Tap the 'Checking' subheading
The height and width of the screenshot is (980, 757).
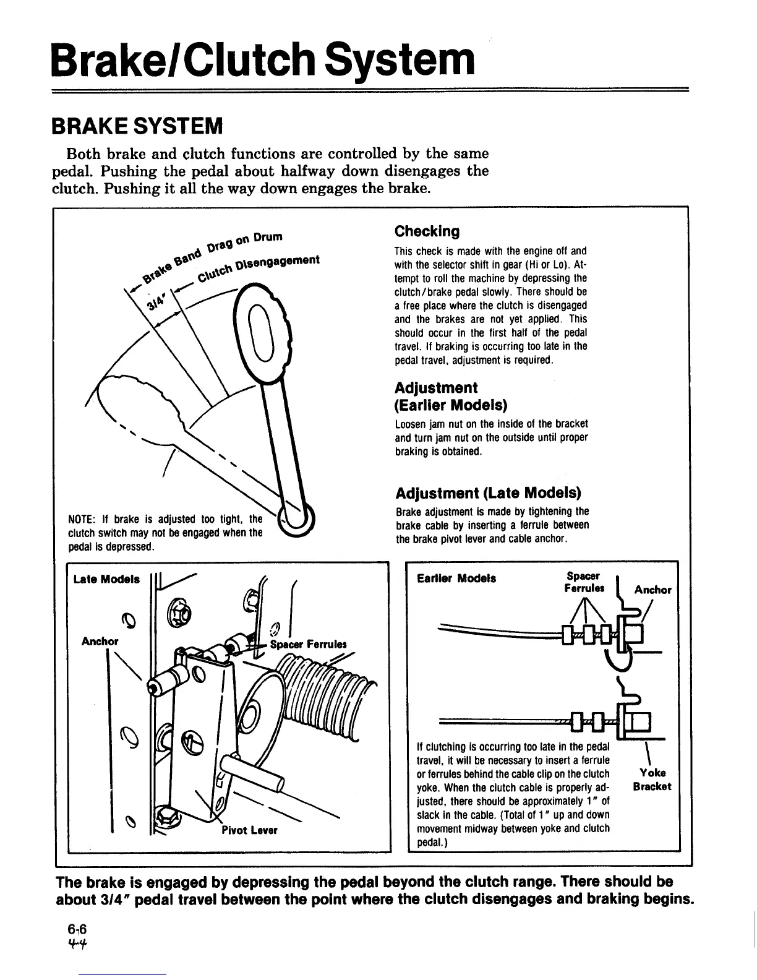pyautogui.click(x=427, y=231)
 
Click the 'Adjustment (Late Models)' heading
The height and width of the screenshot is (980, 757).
pyautogui.click(x=488, y=493)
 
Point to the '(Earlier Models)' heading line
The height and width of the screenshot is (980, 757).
pyautogui.click(x=450, y=406)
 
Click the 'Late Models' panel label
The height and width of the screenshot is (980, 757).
pyautogui.click(x=106, y=579)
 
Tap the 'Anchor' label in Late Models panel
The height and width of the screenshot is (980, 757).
pyautogui.click(x=100, y=641)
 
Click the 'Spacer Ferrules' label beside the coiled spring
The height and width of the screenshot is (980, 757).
pyautogui.click(x=309, y=644)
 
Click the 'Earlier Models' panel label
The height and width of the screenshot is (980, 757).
pyautogui.click(x=456, y=578)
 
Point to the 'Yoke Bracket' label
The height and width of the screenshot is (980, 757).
pyautogui.click(x=652, y=780)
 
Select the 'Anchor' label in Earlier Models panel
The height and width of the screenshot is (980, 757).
pyautogui.click(x=652, y=590)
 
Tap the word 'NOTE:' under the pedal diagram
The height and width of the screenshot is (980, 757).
pyautogui.click(x=80, y=518)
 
